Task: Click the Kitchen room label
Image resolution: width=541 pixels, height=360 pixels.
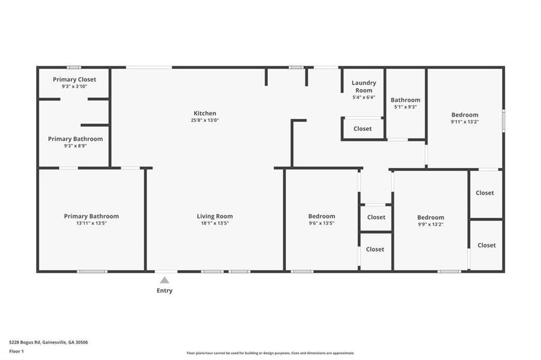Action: pyautogui.click(x=205, y=113)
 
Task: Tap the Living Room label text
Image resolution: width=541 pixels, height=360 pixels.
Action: pyautogui.click(x=215, y=216)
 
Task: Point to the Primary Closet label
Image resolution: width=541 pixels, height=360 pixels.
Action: pyautogui.click(x=74, y=79)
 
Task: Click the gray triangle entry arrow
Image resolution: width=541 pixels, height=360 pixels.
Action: pyautogui.click(x=164, y=280)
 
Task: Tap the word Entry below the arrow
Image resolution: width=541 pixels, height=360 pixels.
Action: pyautogui.click(x=165, y=291)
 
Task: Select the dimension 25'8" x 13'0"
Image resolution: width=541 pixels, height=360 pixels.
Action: pyautogui.click(x=205, y=121)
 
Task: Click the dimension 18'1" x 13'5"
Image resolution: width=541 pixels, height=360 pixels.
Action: pyautogui.click(x=215, y=223)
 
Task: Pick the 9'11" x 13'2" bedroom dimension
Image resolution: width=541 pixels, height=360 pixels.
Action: pyautogui.click(x=465, y=122)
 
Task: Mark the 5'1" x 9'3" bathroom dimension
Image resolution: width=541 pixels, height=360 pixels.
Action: pyautogui.click(x=405, y=107)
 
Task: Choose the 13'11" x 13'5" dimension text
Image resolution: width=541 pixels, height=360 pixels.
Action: pyautogui.click(x=91, y=223)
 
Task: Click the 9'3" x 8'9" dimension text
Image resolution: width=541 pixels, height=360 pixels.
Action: pyautogui.click(x=74, y=146)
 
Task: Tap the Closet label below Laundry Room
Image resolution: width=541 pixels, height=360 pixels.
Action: pyautogui.click(x=363, y=128)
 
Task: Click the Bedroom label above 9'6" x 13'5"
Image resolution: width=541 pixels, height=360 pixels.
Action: pyautogui.click(x=322, y=216)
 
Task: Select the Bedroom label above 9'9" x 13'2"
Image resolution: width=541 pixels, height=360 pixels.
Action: pyautogui.click(x=431, y=217)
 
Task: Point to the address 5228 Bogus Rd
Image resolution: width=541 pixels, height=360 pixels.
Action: pyautogui.click(x=48, y=342)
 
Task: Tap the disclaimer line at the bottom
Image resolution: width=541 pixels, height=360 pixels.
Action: pyautogui.click(x=270, y=353)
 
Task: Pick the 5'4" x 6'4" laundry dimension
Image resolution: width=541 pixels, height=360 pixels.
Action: pyautogui.click(x=364, y=97)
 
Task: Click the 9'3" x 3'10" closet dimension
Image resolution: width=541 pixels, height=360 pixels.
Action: pyautogui.click(x=74, y=86)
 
